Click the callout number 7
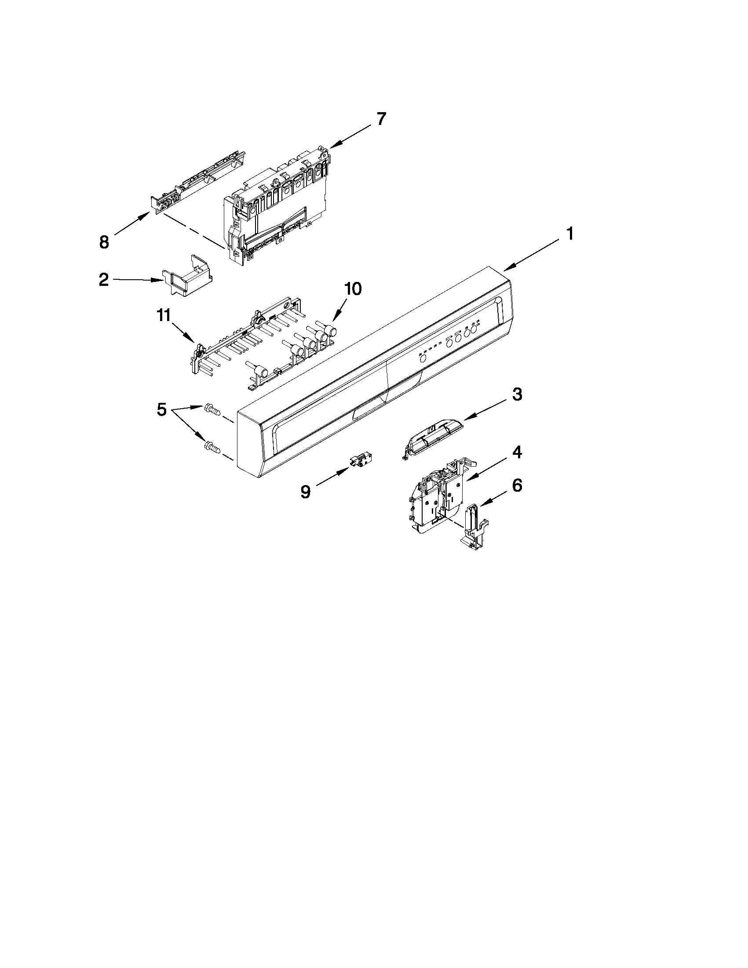click(381, 119)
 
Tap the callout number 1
click(570, 234)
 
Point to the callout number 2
click(103, 280)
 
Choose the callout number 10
click(353, 289)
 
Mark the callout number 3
click(517, 395)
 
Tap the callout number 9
click(305, 491)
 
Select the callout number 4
click(517, 452)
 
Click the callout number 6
click(517, 486)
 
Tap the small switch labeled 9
click(360, 461)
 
